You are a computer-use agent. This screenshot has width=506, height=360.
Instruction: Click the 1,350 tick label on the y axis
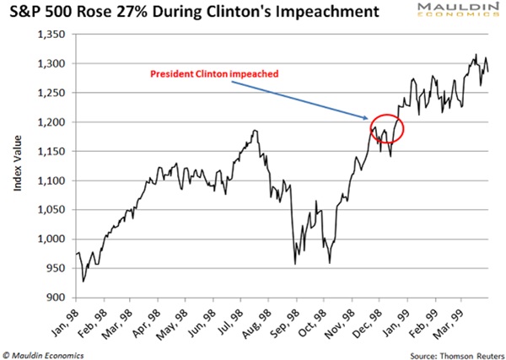54,35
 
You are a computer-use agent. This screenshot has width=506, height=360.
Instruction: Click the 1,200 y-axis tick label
54,122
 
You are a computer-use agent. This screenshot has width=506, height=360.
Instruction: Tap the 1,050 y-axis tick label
54,210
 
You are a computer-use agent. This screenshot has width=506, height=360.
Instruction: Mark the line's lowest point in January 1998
83,281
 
